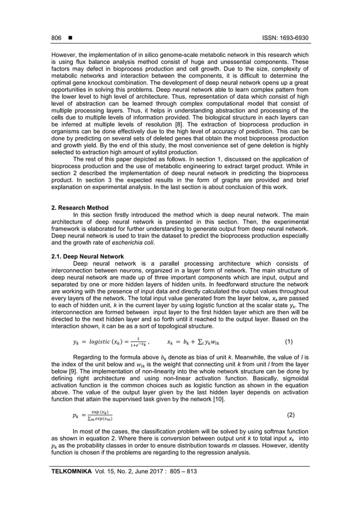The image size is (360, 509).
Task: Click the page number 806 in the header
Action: coord(56,38)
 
